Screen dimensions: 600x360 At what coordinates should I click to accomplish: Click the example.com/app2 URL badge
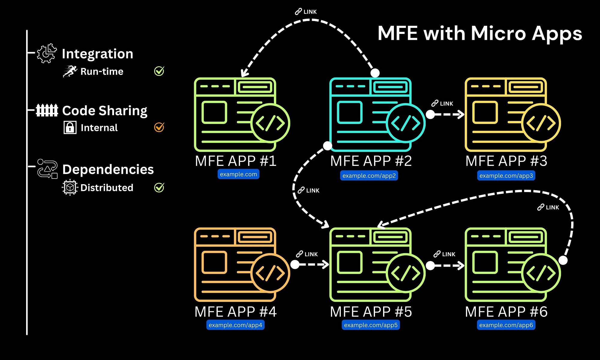[x=369, y=175]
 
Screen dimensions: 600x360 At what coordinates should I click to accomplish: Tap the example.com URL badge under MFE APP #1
[x=238, y=174]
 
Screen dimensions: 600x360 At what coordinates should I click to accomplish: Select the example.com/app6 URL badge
[x=506, y=325]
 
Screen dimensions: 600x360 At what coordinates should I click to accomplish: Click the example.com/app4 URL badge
[x=235, y=325]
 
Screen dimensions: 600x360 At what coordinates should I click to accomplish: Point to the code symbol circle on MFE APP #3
[x=541, y=123]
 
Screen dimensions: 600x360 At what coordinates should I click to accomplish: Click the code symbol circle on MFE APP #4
[x=270, y=273]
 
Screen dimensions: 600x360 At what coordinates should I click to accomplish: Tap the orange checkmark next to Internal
[x=159, y=127]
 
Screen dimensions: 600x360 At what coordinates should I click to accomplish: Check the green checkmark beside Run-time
[x=159, y=71]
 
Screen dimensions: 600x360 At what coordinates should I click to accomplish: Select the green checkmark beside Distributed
[x=159, y=187]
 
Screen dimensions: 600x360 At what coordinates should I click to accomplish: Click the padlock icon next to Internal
[x=70, y=127]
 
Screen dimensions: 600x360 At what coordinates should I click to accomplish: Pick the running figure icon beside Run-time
[x=70, y=71]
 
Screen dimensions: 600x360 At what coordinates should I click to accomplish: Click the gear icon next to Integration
[x=47, y=53]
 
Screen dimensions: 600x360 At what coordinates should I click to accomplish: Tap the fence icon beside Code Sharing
[x=47, y=110]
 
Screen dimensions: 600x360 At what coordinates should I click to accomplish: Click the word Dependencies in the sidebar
[x=108, y=169]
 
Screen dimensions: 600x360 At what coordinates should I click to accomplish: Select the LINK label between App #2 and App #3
[x=442, y=103]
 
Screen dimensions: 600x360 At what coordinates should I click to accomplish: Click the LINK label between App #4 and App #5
[x=307, y=254]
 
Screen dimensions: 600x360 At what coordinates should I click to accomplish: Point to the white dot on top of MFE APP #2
[x=375, y=73]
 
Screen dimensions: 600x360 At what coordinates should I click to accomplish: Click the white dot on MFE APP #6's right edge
[x=563, y=260]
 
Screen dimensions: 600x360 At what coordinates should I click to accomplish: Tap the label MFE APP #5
[x=371, y=312]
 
